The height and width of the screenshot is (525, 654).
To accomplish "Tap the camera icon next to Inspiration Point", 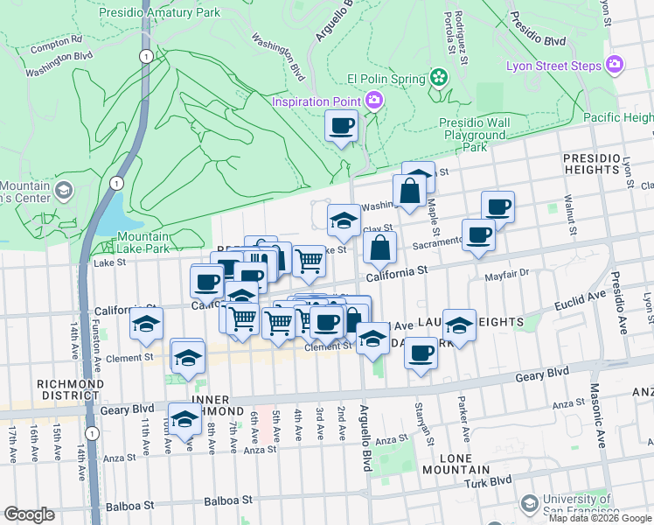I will coord(373,100).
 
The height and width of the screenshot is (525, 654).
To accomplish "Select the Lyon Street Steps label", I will coord(553,66).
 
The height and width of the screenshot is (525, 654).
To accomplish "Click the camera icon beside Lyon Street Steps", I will coord(616,65).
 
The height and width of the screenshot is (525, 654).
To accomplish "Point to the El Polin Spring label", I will coord(385,78).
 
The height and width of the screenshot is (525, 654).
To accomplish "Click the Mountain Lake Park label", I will coord(143,242).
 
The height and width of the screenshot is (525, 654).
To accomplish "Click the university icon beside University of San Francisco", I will coord(528,503).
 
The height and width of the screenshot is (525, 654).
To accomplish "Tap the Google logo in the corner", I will coord(29,514).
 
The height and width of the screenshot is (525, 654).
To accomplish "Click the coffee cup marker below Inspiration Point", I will coord(341,126).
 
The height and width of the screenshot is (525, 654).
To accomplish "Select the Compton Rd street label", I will coord(56,40).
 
